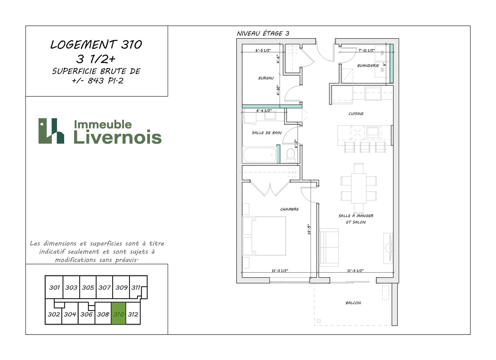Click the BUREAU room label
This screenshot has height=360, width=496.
(266, 78)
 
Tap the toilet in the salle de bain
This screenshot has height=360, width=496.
(290, 156)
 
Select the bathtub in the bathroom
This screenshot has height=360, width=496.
(259, 155)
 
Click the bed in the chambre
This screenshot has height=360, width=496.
(264, 236)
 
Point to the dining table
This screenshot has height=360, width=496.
(358, 188)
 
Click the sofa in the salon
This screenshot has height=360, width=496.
(329, 247)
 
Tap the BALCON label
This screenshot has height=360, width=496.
(353, 303)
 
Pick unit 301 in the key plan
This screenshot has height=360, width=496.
(54, 287)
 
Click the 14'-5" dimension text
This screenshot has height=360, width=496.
(309, 229)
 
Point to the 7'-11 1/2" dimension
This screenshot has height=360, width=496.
(366, 50)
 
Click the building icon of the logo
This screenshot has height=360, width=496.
(51, 131)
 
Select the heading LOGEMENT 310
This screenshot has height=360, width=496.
(96, 45)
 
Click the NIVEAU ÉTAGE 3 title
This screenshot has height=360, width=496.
(263, 33)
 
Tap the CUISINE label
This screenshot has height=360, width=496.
(356, 114)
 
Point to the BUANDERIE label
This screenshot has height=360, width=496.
(368, 65)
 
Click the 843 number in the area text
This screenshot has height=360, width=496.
(96, 81)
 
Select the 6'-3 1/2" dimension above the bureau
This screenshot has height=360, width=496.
(263, 50)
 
